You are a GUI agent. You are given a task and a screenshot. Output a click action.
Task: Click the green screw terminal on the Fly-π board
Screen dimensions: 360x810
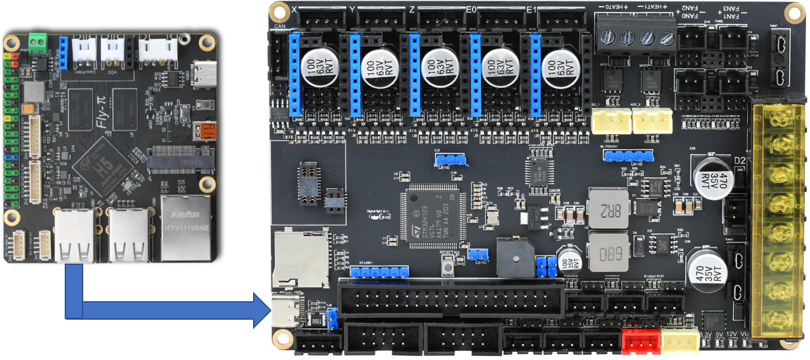37,44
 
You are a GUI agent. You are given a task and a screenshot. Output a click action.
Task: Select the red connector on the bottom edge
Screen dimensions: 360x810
641,341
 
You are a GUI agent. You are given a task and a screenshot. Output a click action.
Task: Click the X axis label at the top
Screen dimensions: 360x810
295,9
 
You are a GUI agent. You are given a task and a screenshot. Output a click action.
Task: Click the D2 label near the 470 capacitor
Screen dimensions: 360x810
740,161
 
